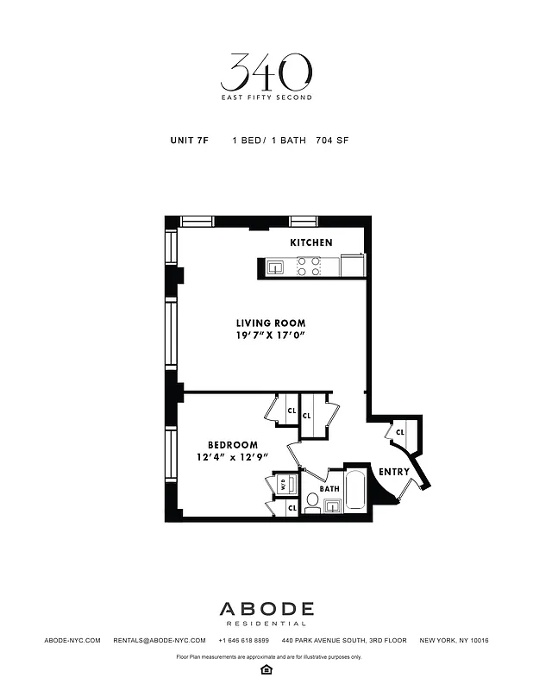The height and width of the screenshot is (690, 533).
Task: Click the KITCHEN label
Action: pos(310,242)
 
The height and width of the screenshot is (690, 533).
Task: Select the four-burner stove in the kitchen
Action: pos(309,266)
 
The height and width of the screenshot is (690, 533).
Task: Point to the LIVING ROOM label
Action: pos(265,323)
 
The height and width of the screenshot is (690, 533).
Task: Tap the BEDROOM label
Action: pos(232,445)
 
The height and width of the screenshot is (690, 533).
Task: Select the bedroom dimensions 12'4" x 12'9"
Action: pos(232,458)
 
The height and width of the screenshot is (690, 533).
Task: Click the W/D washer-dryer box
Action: pos(281,486)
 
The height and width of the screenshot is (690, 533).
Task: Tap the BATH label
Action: pos(329,488)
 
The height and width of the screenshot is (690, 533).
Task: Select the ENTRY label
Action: pos(394,472)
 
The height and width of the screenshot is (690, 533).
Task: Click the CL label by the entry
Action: pos(400,432)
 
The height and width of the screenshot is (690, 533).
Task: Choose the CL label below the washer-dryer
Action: pos(292,509)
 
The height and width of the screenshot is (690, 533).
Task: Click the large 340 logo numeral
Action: pos(266,72)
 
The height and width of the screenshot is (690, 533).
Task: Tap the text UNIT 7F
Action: pos(190,140)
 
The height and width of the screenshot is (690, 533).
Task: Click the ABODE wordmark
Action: pos(266,609)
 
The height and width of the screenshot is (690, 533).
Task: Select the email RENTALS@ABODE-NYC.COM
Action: pos(160,641)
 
